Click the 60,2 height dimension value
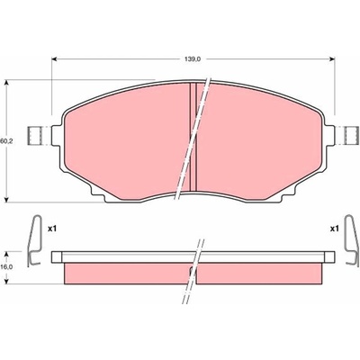click(4, 140)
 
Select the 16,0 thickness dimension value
click(4, 267)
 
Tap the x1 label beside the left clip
click(52, 229)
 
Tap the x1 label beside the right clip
click(334, 229)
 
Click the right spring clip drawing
click(351, 241)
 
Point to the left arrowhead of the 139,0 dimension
click(54, 59)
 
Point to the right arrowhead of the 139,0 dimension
click(332, 59)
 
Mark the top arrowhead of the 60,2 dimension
click(7, 83)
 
